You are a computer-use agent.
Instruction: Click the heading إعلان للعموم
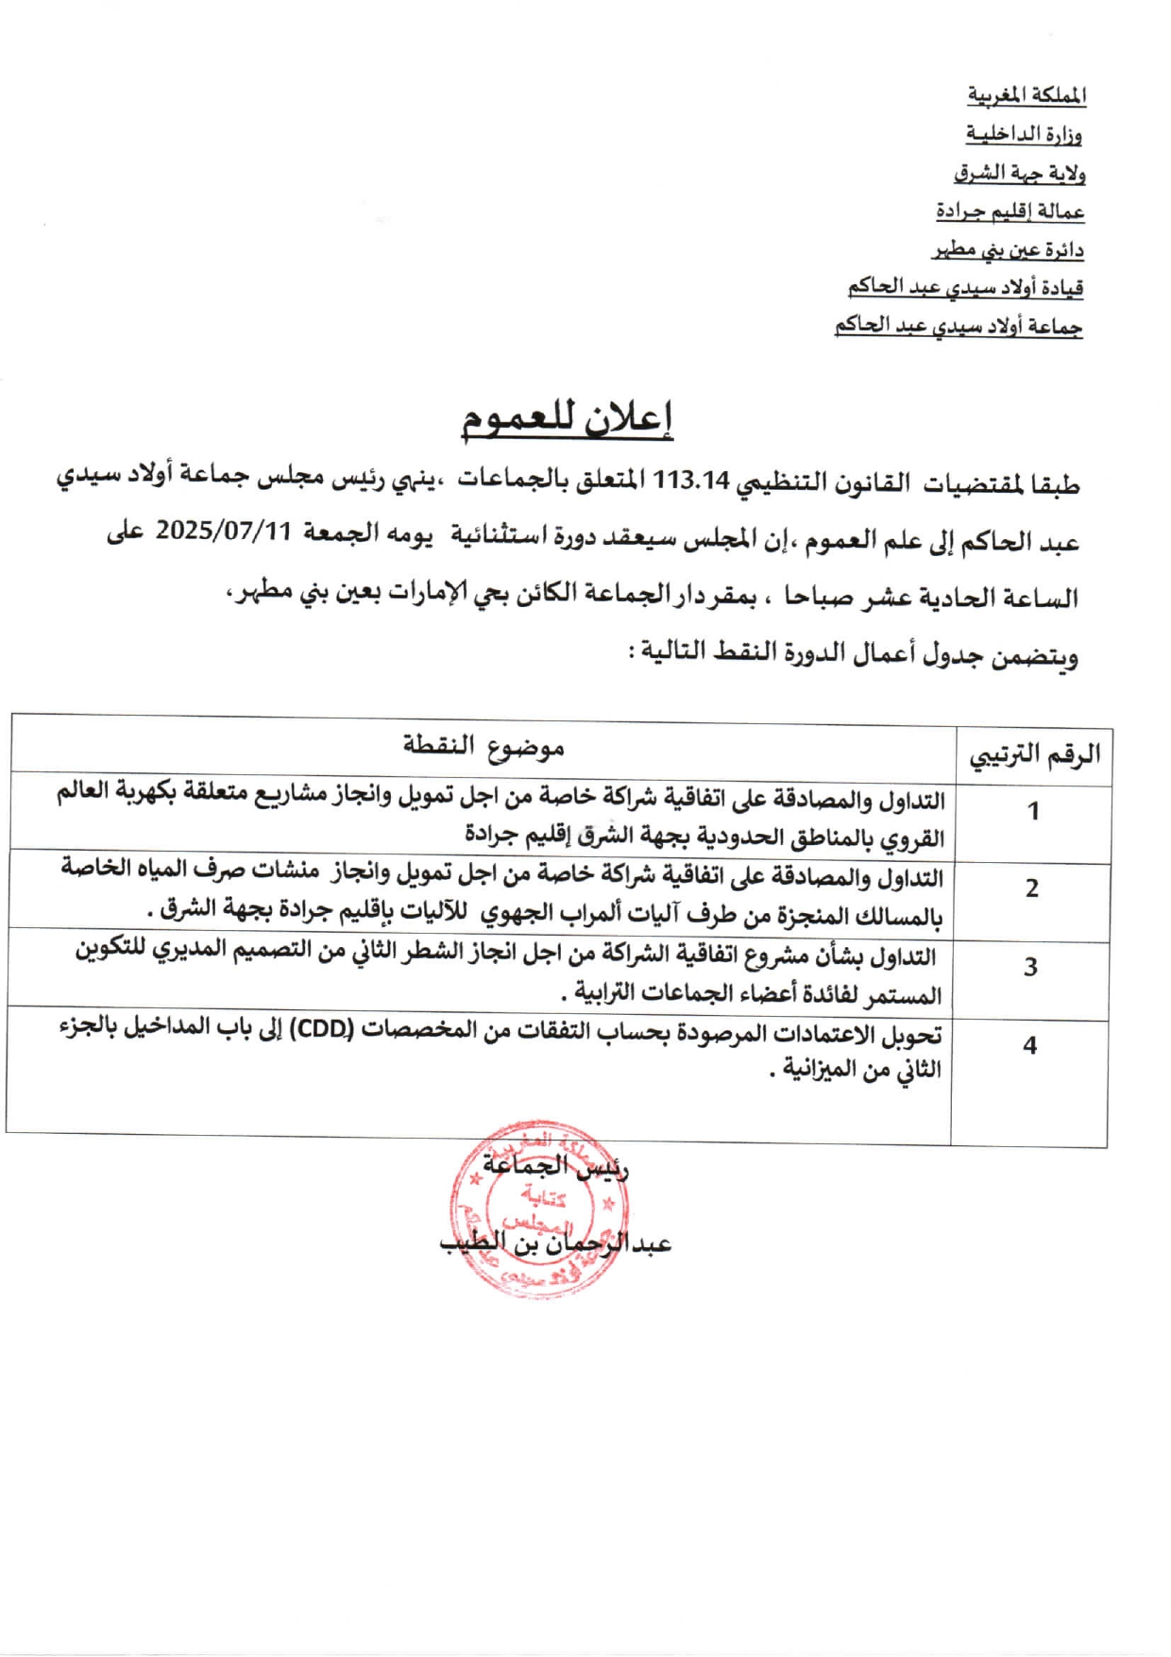pyautogui.click(x=567, y=417)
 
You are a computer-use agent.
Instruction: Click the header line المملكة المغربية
pyautogui.click(x=1027, y=95)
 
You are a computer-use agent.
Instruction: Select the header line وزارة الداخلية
pyautogui.click(x=1024, y=134)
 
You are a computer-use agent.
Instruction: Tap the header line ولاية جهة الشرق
pyautogui.click(x=1019, y=174)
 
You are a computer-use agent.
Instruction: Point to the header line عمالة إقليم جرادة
pyautogui.click(x=1010, y=211)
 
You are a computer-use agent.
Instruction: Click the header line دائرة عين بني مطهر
pyautogui.click(x=1008, y=250)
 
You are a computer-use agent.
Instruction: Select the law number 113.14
pyautogui.click(x=691, y=481)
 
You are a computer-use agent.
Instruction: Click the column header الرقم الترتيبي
pyautogui.click(x=1034, y=755)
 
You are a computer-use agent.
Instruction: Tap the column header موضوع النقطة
pyautogui.click(x=484, y=747)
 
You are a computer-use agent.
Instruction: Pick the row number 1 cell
pyautogui.click(x=1033, y=811)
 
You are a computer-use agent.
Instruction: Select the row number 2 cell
pyautogui.click(x=1032, y=888)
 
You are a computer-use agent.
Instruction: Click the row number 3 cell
pyautogui.click(x=1030, y=967)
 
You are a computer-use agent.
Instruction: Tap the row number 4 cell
pyautogui.click(x=1029, y=1045)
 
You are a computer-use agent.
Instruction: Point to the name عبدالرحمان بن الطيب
pyautogui.click(x=555, y=1243)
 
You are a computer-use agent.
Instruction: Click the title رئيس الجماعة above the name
pyautogui.click(x=555, y=1166)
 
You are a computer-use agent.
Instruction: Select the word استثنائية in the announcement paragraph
pyautogui.click(x=498, y=535)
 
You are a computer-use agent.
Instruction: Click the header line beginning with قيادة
pyautogui.click(x=964, y=287)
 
